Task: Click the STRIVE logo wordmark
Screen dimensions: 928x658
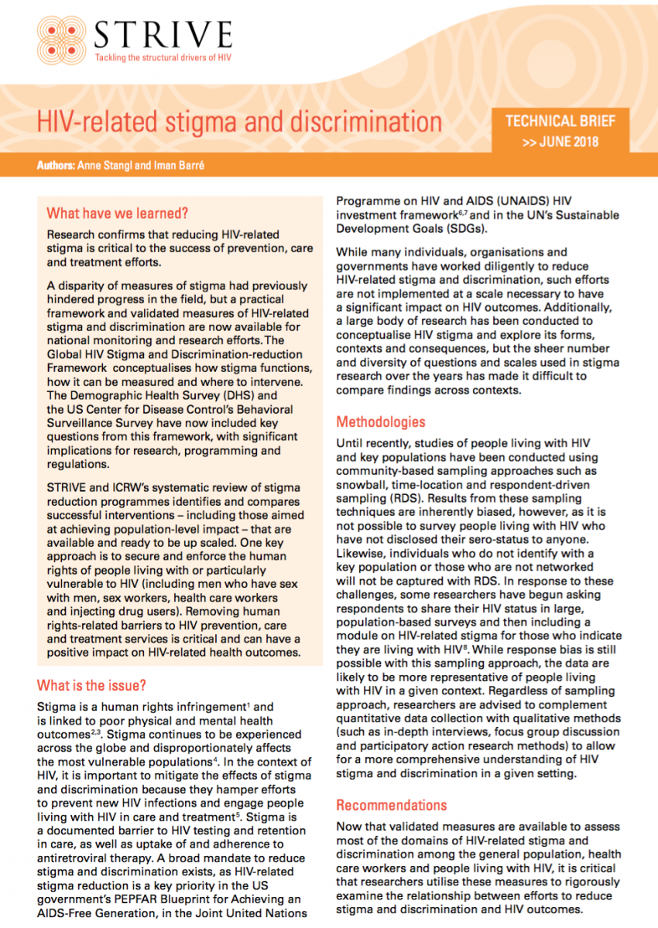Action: click(162, 35)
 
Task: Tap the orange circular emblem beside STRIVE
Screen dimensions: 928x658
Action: click(63, 39)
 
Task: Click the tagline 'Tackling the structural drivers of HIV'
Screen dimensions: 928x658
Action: click(162, 58)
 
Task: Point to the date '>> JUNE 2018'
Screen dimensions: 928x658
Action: click(560, 142)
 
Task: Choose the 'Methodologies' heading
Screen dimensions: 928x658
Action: click(380, 422)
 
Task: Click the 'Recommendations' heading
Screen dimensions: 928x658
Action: click(391, 805)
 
